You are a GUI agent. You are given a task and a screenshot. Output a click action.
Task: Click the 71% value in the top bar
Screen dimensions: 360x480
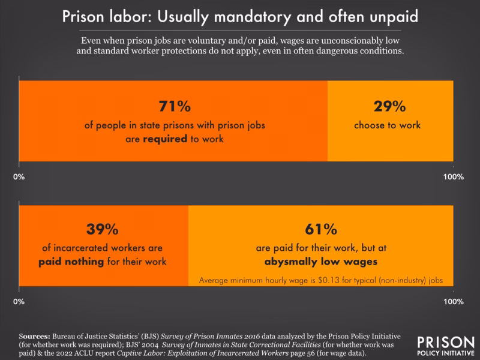[173, 107]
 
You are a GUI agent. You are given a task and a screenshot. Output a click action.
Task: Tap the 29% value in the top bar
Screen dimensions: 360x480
[389, 107]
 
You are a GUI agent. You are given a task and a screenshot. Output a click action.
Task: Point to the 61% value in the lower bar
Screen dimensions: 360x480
[320, 230]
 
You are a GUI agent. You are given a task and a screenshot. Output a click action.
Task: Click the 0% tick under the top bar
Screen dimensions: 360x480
[19, 177]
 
